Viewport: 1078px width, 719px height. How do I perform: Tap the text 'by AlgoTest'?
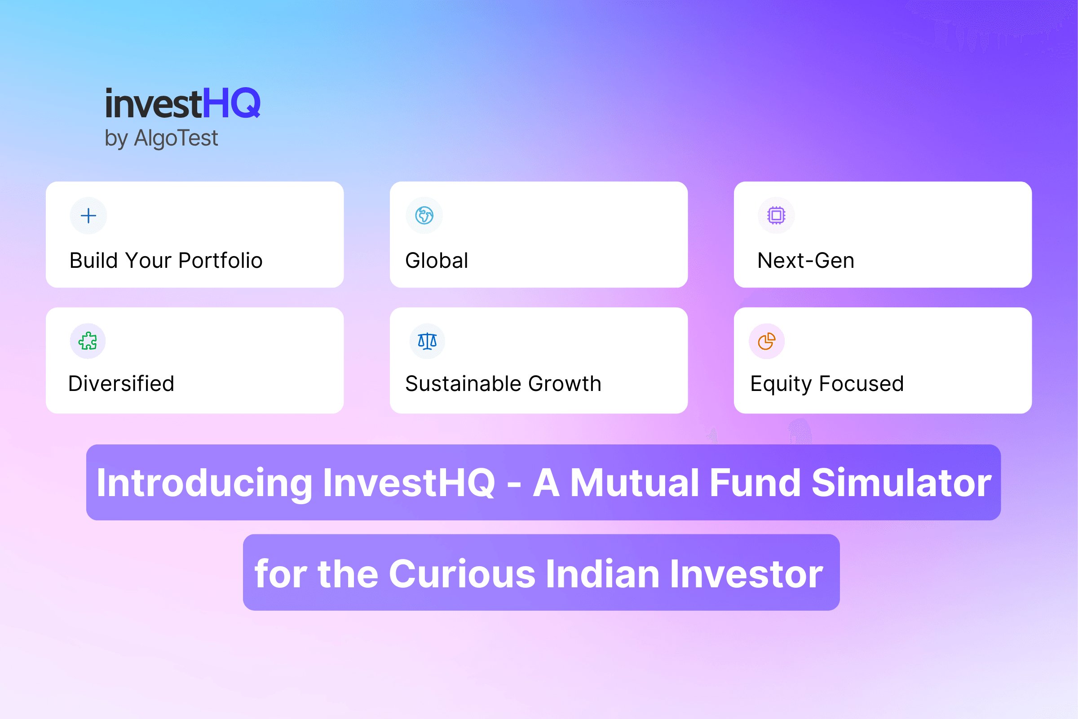click(161, 138)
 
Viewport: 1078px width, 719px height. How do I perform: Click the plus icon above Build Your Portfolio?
click(88, 216)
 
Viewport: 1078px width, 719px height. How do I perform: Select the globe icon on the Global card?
click(424, 216)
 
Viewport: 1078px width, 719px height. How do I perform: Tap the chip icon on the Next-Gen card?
click(776, 216)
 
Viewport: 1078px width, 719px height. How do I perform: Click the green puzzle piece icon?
click(88, 341)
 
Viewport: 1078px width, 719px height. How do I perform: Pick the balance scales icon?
click(427, 341)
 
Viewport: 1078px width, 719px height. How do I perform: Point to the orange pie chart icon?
click(766, 341)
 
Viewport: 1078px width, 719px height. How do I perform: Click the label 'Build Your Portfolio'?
click(166, 261)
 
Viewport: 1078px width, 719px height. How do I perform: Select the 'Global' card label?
click(437, 261)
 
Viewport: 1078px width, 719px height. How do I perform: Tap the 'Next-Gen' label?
click(806, 261)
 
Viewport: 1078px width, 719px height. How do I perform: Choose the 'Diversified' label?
click(121, 383)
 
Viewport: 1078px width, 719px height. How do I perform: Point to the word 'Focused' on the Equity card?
click(862, 383)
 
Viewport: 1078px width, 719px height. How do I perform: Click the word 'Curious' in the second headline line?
click(462, 574)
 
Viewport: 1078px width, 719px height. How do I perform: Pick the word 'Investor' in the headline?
click(747, 574)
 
